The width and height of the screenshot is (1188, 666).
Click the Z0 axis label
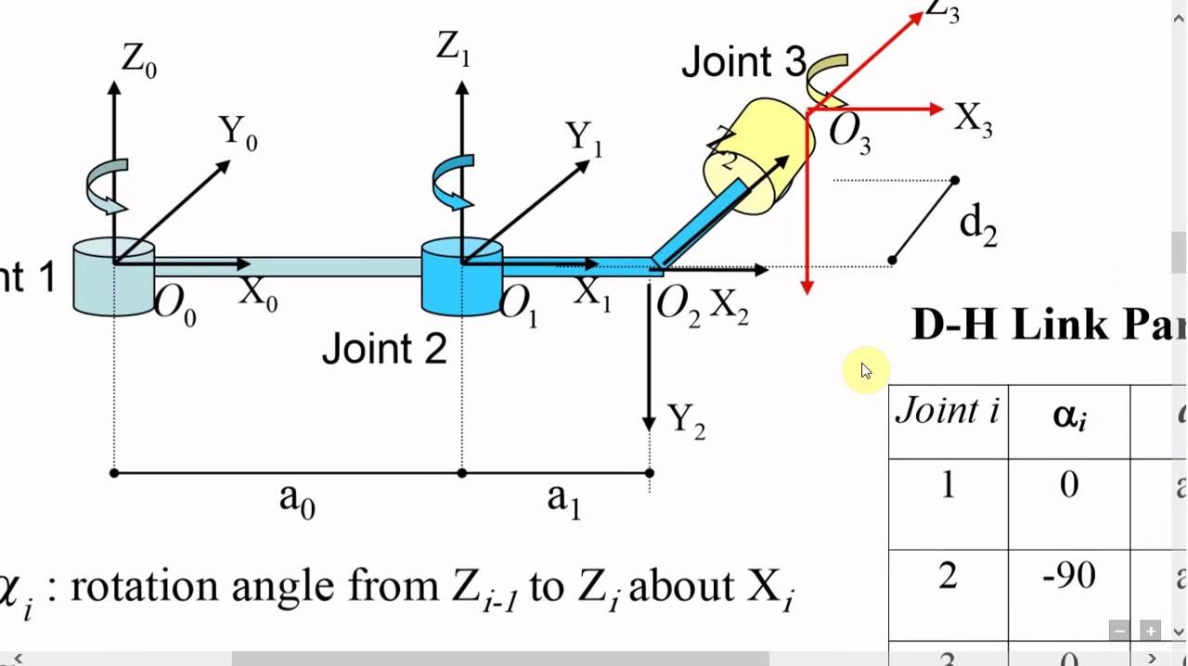coord(139,61)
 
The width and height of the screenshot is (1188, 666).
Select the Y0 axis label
coord(239,133)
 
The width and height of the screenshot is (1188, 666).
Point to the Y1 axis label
coord(585,139)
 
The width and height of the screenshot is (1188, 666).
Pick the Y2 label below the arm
coord(686,422)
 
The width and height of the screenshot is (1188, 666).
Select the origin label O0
coord(174,304)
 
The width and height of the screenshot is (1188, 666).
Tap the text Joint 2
coord(384,350)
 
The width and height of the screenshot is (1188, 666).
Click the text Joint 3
coord(743,62)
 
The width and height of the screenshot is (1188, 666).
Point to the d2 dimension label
coord(977,225)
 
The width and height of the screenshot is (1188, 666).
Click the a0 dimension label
coord(297,499)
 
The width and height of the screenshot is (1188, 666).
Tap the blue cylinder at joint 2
coord(460,278)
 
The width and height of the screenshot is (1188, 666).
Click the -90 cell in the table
coord(1068,576)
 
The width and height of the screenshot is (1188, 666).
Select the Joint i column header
coord(947,411)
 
